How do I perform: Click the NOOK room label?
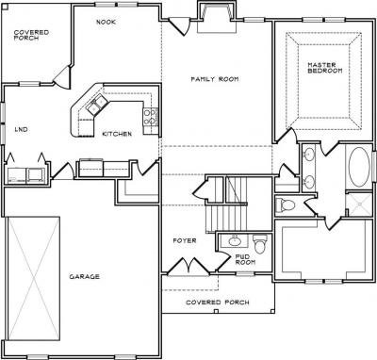pyautogui.click(x=106, y=22)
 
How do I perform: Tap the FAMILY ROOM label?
pyautogui.click(x=215, y=79)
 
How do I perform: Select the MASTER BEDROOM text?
pyautogui.click(x=325, y=68)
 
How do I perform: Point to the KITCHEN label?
pyautogui.click(x=117, y=134)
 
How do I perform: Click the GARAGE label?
pyautogui.click(x=85, y=277)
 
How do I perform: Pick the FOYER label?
pyautogui.click(x=185, y=241)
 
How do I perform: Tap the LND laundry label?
pyautogui.click(x=22, y=129)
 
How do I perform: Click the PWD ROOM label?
pyautogui.click(x=245, y=259)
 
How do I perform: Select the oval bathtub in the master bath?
pyautogui.click(x=359, y=166)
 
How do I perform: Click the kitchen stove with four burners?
pyautogui.click(x=151, y=117)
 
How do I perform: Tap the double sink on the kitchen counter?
pyautogui.click(x=97, y=104)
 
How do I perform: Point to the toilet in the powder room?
pyautogui.click(x=260, y=244)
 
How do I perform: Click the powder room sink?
pyautogui.click(x=234, y=241)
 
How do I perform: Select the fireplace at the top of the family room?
pyautogui.click(x=217, y=16)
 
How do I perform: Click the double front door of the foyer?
pyautogui.click(x=188, y=268)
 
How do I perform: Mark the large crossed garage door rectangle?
pyautogui.click(x=33, y=279)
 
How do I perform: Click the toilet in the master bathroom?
pyautogui.click(x=286, y=205)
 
